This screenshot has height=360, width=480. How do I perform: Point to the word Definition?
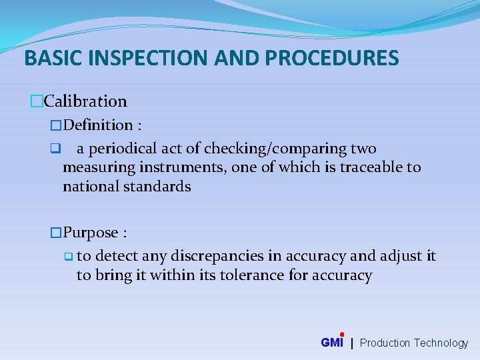tap(99, 125)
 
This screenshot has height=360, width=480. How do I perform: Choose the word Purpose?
tap(91, 233)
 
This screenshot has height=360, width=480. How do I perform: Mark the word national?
tap(90, 186)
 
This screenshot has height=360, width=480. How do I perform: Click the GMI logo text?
tap(331, 343)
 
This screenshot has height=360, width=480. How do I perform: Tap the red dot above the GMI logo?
tap(341, 334)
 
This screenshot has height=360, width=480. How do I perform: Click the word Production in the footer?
tap(385, 343)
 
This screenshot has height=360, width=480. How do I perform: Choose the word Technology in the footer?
tap(441, 343)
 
